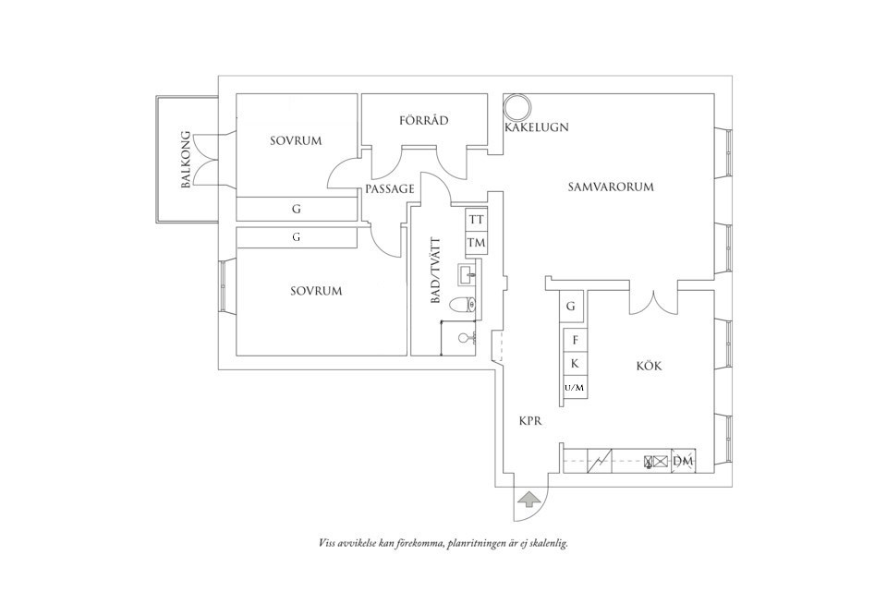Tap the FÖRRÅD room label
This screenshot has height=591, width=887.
coord(424,121)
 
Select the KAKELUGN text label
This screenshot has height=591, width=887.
coord(537,127)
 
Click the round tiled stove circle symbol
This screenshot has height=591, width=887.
coord(516,107)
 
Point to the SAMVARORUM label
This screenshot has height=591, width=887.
coord(611,187)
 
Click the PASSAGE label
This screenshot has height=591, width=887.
coord(389,188)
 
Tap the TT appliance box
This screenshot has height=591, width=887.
coord(477,220)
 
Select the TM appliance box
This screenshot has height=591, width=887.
coord(477,243)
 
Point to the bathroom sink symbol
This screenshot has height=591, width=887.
coord(468,272)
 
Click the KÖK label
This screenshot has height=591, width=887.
coord(650,366)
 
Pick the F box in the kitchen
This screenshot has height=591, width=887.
coord(575,341)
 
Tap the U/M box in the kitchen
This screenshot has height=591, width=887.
coord(574,387)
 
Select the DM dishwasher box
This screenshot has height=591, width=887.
coord(684,461)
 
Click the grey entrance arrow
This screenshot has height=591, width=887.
coord(529,500)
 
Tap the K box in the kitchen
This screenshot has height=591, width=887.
coord(575,364)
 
